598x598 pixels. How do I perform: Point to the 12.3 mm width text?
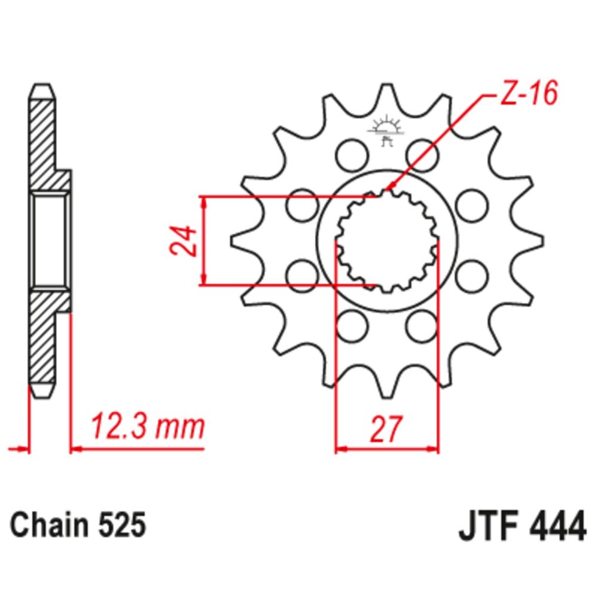tap(147, 427)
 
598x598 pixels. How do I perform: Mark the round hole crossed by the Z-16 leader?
tap(422, 155)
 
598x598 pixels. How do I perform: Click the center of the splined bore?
tap(386, 240)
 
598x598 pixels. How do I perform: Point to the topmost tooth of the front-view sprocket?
tap(386, 93)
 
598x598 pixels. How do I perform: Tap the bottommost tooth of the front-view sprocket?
tap(386, 389)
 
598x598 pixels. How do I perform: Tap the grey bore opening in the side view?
tap(49, 240)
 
